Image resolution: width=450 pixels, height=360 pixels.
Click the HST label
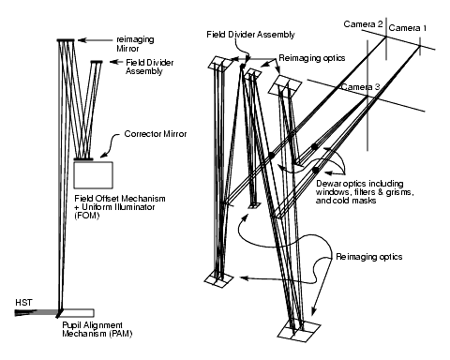click(23, 303)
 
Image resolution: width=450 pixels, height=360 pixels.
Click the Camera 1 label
click(408, 28)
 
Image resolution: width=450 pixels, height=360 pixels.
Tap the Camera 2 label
click(363, 24)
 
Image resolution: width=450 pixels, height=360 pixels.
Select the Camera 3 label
click(360, 87)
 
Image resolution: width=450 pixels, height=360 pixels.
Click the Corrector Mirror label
click(156, 134)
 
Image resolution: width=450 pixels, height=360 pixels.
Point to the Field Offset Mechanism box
click(93, 174)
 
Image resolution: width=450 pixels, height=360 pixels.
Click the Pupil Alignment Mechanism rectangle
click(77, 313)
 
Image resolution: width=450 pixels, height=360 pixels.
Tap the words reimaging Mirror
click(135, 44)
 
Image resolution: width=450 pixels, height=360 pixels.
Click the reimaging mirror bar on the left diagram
click(66, 40)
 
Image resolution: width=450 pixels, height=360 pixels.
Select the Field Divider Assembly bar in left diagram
click(97, 62)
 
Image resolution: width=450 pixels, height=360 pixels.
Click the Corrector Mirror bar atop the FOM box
click(83, 159)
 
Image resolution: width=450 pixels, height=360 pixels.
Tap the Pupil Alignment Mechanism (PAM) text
click(97, 329)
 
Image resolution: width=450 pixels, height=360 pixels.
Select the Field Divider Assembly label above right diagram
click(250, 35)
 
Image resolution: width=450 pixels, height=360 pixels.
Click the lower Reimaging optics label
click(369, 257)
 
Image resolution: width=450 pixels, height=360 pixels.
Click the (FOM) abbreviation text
click(87, 216)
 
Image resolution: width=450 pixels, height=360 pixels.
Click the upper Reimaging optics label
click(312, 58)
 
